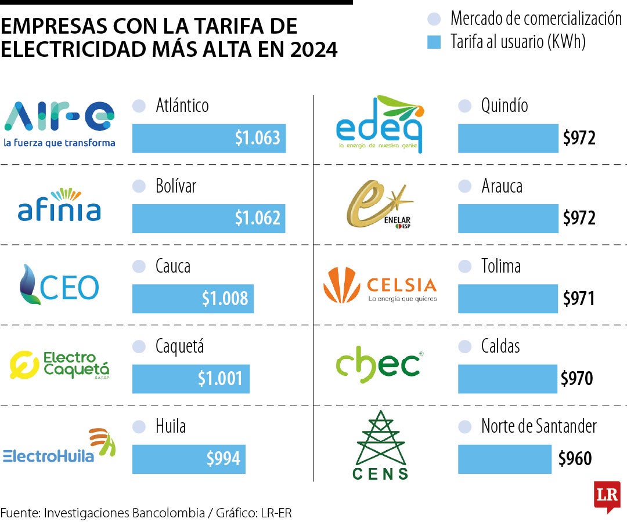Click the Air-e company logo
(59, 124)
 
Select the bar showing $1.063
(209, 138)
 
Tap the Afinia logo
(59, 206)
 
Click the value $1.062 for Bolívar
(257, 218)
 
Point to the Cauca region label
(173, 266)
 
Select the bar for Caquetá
(190, 379)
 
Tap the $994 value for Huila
(224, 459)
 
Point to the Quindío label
(505, 106)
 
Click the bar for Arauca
(508, 218)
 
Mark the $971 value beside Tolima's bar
(579, 299)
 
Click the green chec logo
(378, 365)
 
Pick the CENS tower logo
(381, 445)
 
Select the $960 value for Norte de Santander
(575, 459)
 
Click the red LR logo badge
(607, 496)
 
